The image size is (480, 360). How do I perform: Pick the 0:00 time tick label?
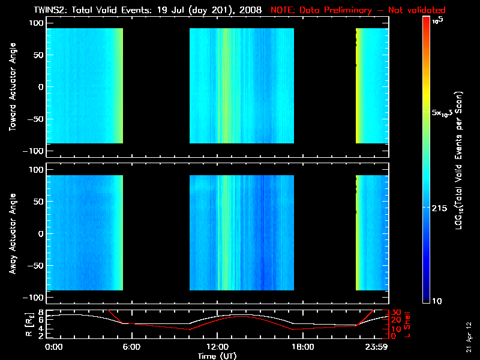[53, 347]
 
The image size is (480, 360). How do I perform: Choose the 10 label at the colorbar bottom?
[439, 300]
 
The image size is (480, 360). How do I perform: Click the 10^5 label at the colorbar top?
[442, 20]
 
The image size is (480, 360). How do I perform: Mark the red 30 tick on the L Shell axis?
[396, 312]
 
